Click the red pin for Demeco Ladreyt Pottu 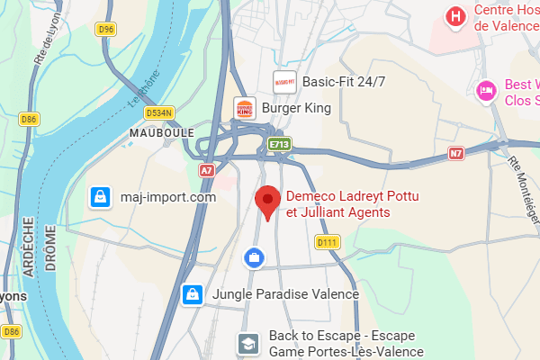266,202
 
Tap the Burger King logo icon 244,109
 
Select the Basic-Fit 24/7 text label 343,81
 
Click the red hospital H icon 457,16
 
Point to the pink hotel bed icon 487,90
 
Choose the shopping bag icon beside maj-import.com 101,195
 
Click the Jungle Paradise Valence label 285,294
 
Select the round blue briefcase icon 255,258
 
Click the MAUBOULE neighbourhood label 162,132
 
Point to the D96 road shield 106,30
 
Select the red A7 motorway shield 207,169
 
